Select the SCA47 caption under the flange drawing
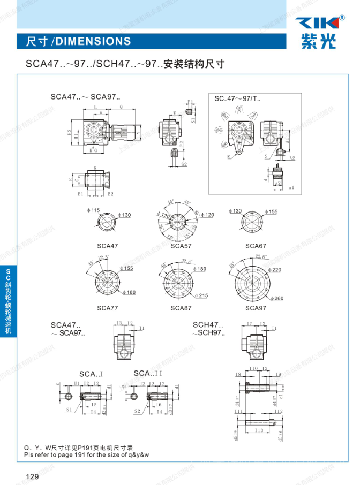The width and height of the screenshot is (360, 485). point(107,246)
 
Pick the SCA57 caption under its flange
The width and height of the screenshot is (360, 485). point(181,246)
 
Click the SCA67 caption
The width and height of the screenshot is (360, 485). point(256,246)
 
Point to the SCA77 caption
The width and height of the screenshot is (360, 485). point(108,308)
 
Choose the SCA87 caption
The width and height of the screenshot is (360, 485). point(181,308)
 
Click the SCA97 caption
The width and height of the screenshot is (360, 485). point(256,308)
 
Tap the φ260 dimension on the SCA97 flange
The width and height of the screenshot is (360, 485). point(276,298)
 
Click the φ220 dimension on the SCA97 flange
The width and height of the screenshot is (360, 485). point(274,270)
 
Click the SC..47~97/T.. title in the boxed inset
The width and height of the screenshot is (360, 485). point(237,99)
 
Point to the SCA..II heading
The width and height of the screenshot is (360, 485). point(148,373)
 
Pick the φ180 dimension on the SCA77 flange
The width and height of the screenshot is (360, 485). point(129,292)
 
